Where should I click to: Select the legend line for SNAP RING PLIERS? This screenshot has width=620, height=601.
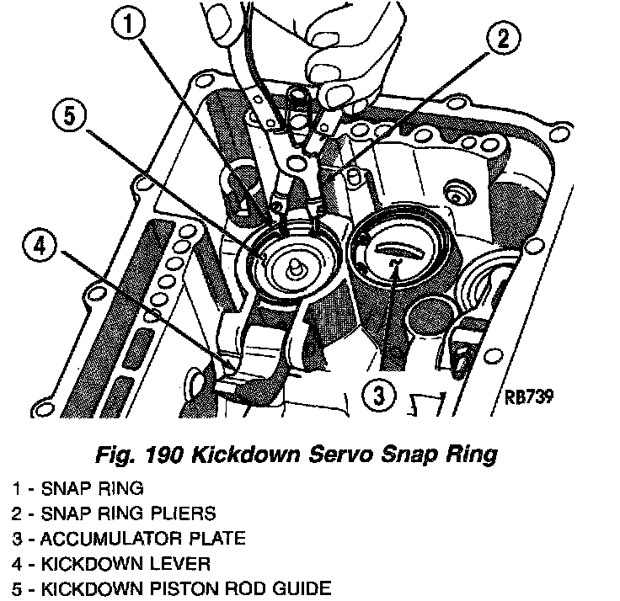pos(114,512)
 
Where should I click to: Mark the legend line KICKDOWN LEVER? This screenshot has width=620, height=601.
pos(110,562)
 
